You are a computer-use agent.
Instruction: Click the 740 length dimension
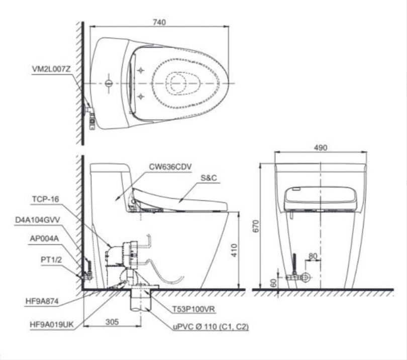(x=159, y=22)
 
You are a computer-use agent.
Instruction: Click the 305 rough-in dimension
(x=112, y=322)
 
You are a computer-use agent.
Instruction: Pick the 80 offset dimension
(x=313, y=256)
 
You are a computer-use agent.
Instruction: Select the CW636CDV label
(x=171, y=167)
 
